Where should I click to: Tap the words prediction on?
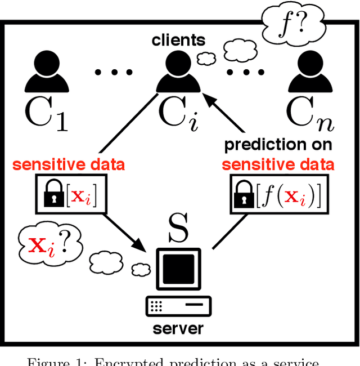(278, 145)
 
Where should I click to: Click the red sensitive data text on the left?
(69, 165)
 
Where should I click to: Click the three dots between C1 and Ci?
(113, 72)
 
